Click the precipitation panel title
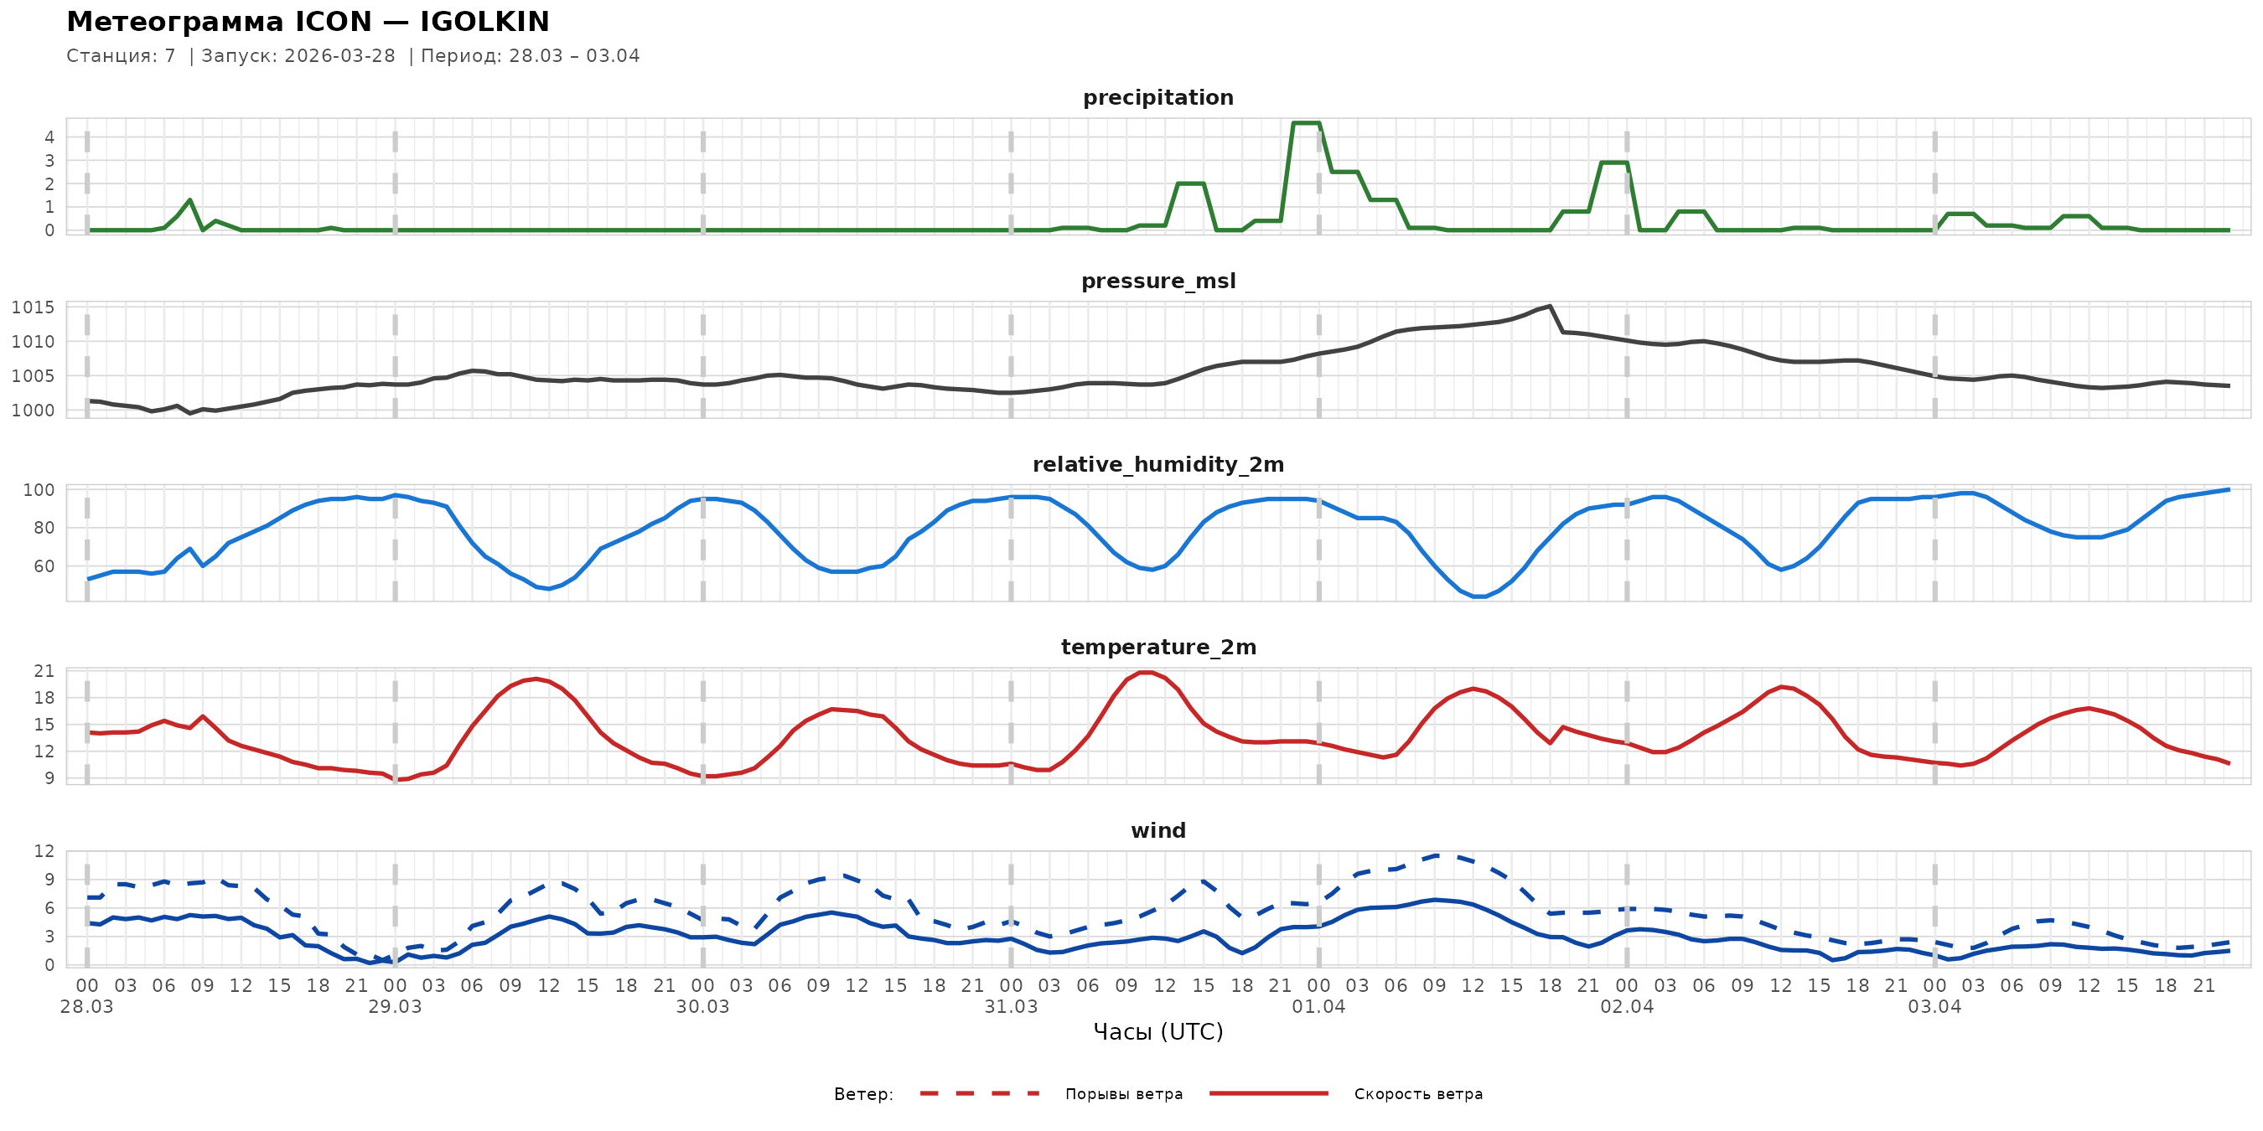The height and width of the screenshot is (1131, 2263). (x=1157, y=97)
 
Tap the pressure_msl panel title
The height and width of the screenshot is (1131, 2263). (x=1157, y=281)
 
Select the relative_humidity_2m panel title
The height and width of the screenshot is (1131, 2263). (x=1157, y=464)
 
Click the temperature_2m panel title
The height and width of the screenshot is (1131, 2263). (x=1157, y=647)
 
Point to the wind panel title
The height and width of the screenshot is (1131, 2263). (x=1157, y=831)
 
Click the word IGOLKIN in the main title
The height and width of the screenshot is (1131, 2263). (x=484, y=22)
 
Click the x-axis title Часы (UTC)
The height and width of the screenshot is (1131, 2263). (x=1157, y=1032)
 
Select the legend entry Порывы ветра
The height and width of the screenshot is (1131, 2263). (x=1124, y=1094)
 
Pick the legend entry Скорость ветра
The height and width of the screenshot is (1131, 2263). (x=1418, y=1094)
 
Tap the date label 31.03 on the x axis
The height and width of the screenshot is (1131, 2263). (x=1010, y=1007)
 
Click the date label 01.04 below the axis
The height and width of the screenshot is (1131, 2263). (x=1318, y=1007)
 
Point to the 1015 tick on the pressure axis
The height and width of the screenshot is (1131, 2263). (x=33, y=307)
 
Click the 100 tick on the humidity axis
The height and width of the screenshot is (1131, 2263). (x=39, y=490)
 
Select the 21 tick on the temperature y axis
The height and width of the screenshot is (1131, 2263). (x=44, y=671)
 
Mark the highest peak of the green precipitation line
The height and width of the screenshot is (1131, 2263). (x=1306, y=123)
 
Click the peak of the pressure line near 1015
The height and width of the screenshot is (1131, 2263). (x=1550, y=307)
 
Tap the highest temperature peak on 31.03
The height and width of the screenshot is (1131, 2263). (x=1145, y=673)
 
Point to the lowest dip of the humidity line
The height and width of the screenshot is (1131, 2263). (x=1479, y=597)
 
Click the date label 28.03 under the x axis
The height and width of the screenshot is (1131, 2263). (x=87, y=1007)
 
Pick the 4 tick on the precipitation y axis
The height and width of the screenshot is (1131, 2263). (x=49, y=137)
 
